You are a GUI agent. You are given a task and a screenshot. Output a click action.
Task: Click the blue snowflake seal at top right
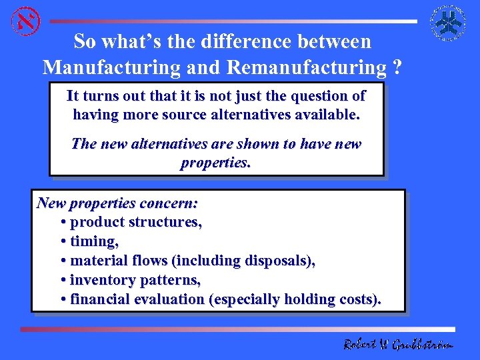tap(447, 23)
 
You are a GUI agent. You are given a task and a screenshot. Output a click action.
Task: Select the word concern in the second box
tap(173, 202)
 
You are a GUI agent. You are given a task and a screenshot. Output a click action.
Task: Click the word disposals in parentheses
tap(278, 261)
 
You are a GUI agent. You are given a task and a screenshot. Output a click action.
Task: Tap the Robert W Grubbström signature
tap(398, 344)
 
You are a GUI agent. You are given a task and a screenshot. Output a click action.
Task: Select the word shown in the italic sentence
tap(246, 144)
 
